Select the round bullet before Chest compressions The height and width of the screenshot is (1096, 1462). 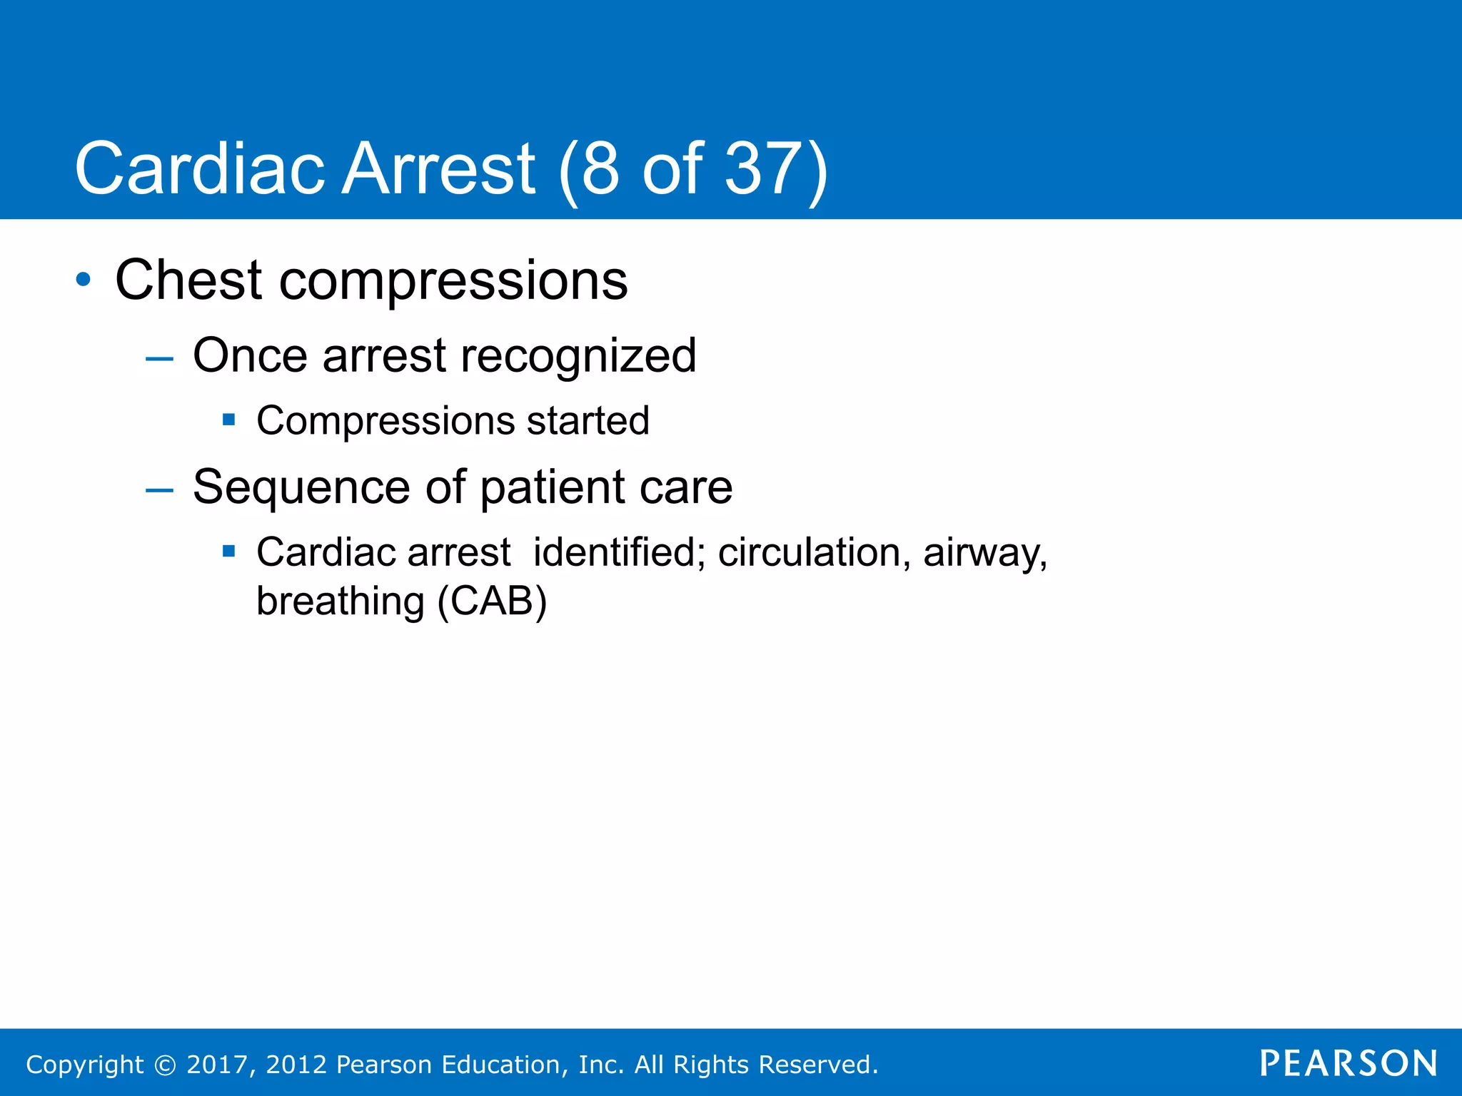(x=84, y=280)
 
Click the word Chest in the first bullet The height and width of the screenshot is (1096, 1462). (x=188, y=280)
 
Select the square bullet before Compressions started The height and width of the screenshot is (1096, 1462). (x=228, y=420)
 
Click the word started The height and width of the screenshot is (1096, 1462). (x=588, y=420)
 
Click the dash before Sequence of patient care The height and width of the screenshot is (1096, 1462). (x=159, y=489)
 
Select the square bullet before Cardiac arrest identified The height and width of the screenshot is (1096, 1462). (x=228, y=551)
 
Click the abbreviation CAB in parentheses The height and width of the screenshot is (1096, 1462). (x=492, y=601)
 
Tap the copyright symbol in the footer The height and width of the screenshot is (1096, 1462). (x=165, y=1065)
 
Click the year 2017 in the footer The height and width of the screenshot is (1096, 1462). (x=216, y=1065)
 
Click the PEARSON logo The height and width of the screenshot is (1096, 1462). (x=1348, y=1063)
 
